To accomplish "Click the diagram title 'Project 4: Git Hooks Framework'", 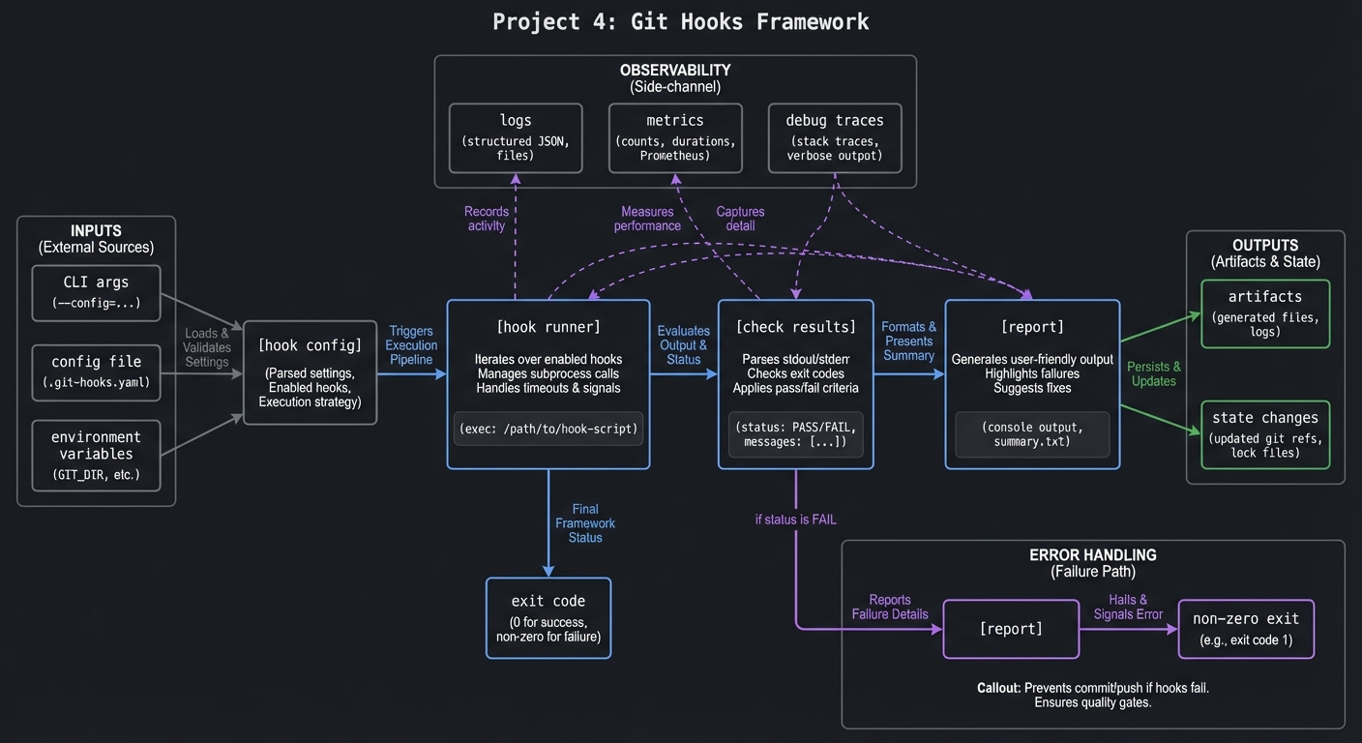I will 680,21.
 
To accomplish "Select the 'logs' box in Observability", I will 516,137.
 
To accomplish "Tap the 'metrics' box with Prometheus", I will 675,137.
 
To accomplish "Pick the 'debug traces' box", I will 834,137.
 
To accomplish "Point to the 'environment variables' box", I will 96,455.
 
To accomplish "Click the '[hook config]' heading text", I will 310,345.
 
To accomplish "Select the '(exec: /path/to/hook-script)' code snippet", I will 548,429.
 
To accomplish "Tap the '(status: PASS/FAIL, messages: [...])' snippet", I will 795,434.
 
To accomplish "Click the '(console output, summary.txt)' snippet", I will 1032,434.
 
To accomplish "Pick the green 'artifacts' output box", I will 1264,313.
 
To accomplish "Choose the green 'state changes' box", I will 1264,434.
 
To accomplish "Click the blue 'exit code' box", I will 548,617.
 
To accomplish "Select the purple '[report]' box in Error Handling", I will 1011,629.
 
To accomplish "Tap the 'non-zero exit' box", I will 1245,629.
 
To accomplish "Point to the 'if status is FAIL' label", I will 795,520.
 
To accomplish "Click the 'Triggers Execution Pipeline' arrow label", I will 411,345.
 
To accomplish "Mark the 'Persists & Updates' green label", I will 1153,373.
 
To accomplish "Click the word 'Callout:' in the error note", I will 998,688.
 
